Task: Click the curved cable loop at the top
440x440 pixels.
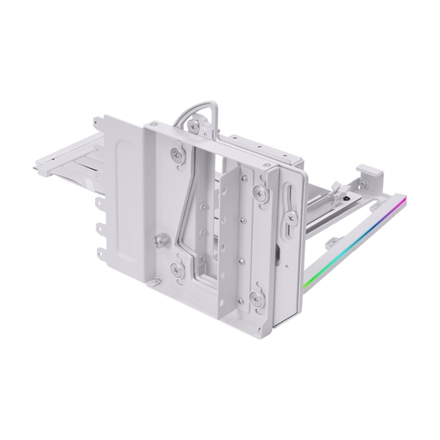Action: click(x=201, y=114)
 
